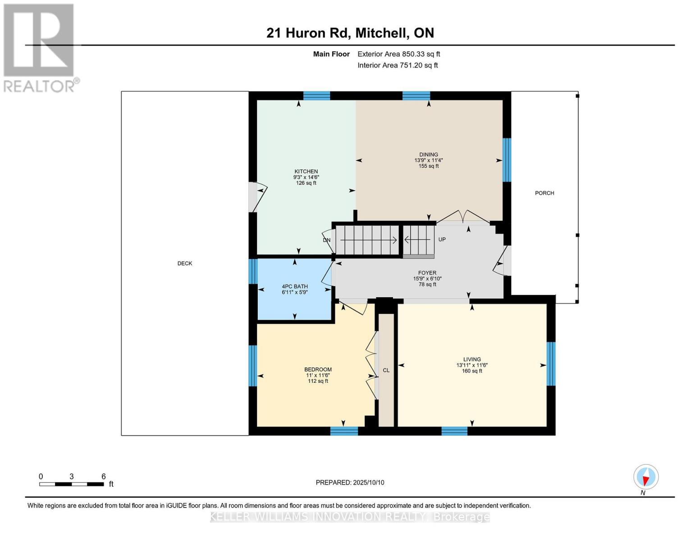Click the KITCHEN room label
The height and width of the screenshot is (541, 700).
click(306, 172)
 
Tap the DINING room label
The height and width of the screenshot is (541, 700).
click(428, 155)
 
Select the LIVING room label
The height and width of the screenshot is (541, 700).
click(472, 360)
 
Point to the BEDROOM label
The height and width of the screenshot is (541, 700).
click(318, 370)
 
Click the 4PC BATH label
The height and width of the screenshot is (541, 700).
click(295, 287)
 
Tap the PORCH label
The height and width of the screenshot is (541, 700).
click(544, 193)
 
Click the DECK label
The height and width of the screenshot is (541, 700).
click(185, 263)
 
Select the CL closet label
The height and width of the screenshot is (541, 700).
click(386, 370)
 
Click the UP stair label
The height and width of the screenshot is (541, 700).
click(442, 239)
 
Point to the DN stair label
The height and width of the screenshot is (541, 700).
click(327, 240)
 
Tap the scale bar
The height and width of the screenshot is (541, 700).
click(72, 484)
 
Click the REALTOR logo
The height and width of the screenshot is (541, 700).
click(40, 47)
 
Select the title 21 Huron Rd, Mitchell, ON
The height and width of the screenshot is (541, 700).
click(350, 33)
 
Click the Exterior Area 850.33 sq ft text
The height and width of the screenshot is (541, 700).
click(398, 54)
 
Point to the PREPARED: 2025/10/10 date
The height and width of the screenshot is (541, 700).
click(350, 482)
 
